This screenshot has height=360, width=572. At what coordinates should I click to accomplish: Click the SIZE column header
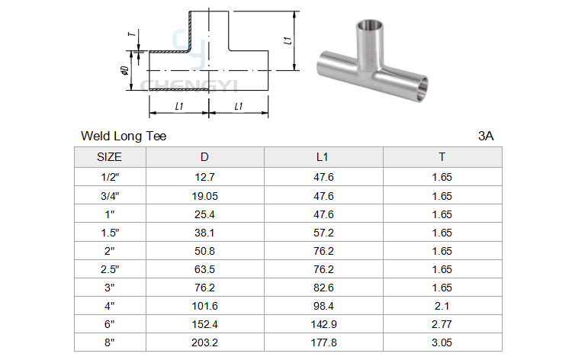(109, 157)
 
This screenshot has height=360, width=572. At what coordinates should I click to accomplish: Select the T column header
(442, 157)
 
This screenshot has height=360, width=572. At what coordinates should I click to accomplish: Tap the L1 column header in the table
(322, 157)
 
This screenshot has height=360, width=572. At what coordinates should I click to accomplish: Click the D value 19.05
(204, 196)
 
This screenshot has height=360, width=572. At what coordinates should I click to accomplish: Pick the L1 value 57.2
(323, 233)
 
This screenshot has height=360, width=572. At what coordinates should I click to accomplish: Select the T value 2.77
(442, 324)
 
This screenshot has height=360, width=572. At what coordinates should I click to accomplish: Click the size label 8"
(109, 342)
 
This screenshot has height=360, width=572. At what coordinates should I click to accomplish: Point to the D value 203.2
(204, 342)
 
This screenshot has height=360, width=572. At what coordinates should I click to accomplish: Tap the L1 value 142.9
(323, 324)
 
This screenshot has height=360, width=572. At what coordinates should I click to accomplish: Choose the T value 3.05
(442, 342)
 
